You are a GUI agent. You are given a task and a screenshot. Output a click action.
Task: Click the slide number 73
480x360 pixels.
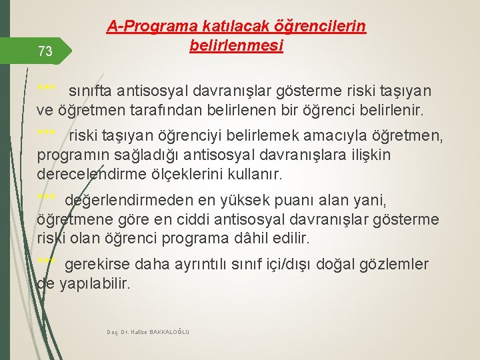pos(45,51)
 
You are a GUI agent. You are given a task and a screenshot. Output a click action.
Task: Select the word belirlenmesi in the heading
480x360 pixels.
pos(236,46)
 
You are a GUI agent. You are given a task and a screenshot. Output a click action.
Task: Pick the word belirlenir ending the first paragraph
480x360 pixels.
pos(396,109)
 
